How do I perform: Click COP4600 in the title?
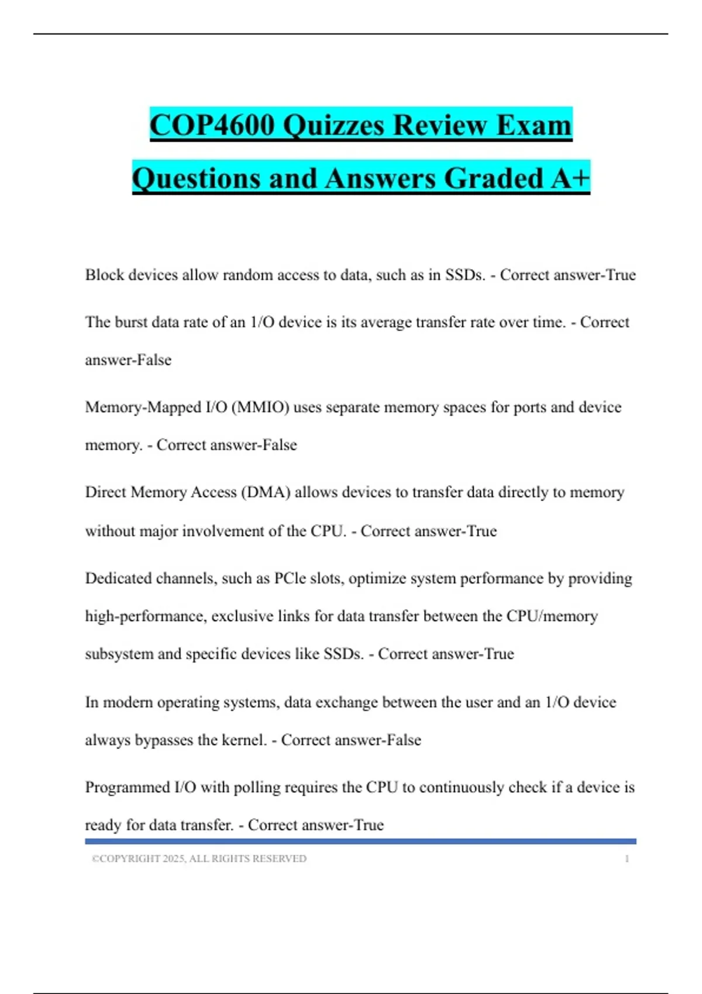pos(212,125)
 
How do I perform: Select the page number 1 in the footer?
pos(627,859)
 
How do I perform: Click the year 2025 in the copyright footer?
pos(173,859)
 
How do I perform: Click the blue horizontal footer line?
pos(360,841)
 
